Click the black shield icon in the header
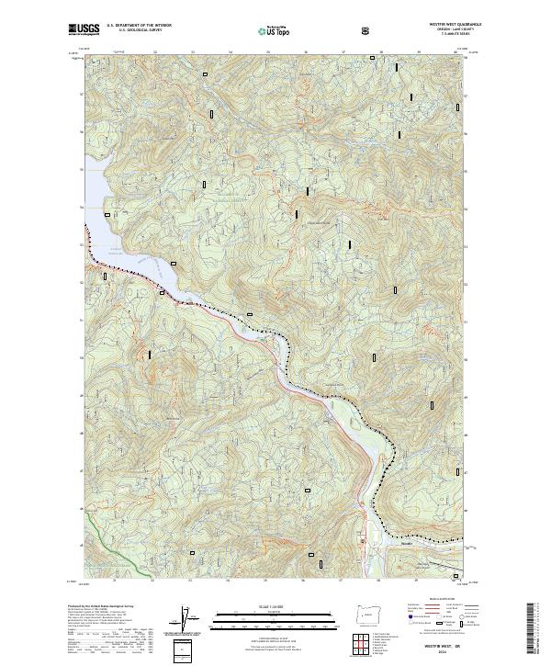click(367, 31)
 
